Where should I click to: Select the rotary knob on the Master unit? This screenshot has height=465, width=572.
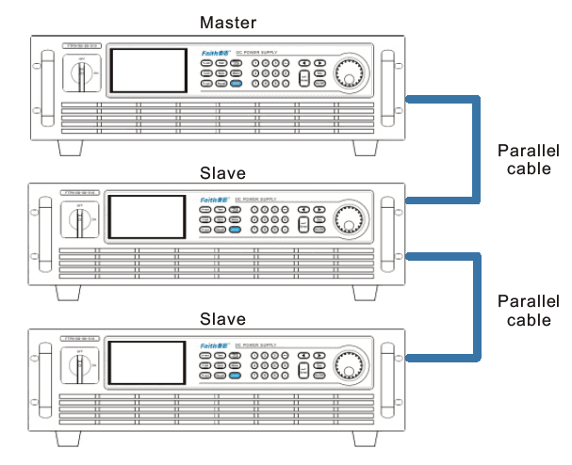[x=351, y=72]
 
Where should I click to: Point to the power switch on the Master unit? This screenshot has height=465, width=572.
[x=82, y=73]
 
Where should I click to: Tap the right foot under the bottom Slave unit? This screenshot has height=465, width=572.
[x=367, y=441]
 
